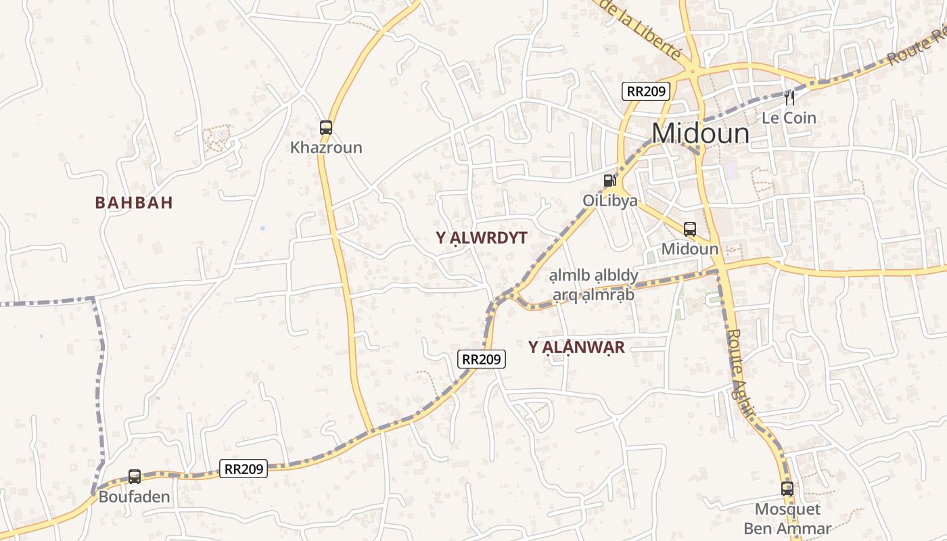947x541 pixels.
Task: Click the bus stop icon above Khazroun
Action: [326, 127]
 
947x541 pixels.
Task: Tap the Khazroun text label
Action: [326, 147]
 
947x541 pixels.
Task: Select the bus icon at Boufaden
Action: [135, 477]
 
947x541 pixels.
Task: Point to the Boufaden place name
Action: [135, 497]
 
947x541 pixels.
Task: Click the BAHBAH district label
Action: [134, 202]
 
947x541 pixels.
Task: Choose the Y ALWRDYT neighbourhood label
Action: [482, 237]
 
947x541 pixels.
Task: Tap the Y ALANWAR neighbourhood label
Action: [576, 348]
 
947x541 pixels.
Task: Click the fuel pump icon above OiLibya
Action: [609, 181]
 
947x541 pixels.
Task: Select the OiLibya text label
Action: [610, 201]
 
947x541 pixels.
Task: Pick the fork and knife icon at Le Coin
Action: [789, 98]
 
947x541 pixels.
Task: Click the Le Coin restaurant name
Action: [789, 118]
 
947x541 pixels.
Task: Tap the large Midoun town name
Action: [701, 134]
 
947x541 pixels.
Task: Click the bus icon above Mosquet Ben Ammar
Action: [787, 488]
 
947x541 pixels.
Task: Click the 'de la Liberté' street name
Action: [640, 28]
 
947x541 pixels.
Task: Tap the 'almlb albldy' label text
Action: [594, 276]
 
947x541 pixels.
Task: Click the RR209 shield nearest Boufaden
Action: [244, 468]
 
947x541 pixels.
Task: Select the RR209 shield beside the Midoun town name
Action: [646, 91]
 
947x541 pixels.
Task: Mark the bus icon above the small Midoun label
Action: [690, 229]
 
